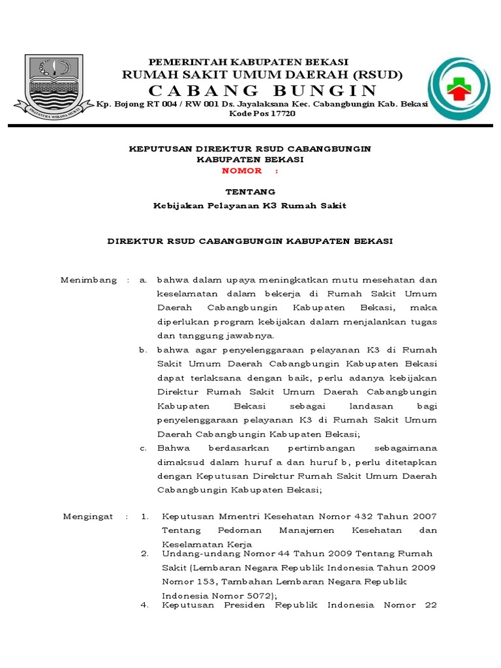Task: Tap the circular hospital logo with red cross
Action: click(461, 89)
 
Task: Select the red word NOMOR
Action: click(242, 171)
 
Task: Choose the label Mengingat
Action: click(88, 516)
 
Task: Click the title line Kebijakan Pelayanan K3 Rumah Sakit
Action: click(250, 205)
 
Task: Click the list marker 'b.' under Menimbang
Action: click(143, 350)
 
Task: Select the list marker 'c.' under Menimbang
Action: click(143, 448)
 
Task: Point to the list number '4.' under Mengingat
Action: click(145, 605)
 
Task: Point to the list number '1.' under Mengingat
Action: click(145, 516)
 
